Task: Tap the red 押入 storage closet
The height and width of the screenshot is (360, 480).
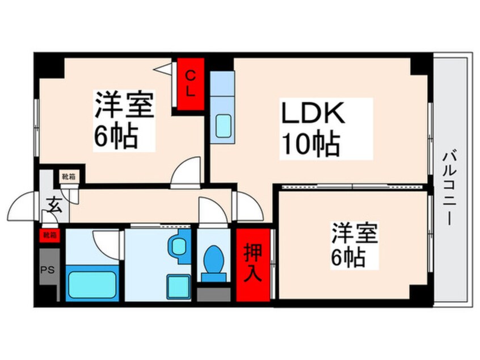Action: pyautogui.click(x=253, y=264)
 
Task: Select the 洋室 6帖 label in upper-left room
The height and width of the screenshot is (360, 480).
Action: pyautogui.click(x=123, y=119)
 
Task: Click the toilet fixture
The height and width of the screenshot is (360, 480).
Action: pyautogui.click(x=214, y=261)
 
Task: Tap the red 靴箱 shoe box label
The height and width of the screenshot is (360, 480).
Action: pyautogui.click(x=48, y=234)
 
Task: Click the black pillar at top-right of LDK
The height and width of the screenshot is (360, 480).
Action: pyautogui.click(x=420, y=64)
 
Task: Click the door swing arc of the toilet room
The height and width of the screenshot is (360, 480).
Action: pyautogui.click(x=212, y=211)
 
